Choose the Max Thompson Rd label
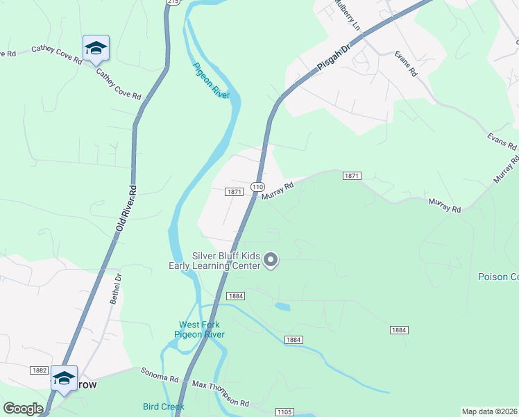click(x=221, y=393)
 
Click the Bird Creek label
click(x=163, y=407)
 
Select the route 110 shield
click(x=257, y=187)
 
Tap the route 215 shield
click(x=173, y=3)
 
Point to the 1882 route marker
click(x=38, y=371)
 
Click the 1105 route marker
click(x=284, y=412)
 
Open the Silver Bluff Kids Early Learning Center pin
click(x=271, y=261)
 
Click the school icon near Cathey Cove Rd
click(x=96, y=48)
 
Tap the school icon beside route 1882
click(x=64, y=378)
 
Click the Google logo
click(x=23, y=408)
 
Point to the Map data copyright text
click(x=488, y=411)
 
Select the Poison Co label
click(x=497, y=277)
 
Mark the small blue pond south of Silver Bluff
click(x=282, y=306)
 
